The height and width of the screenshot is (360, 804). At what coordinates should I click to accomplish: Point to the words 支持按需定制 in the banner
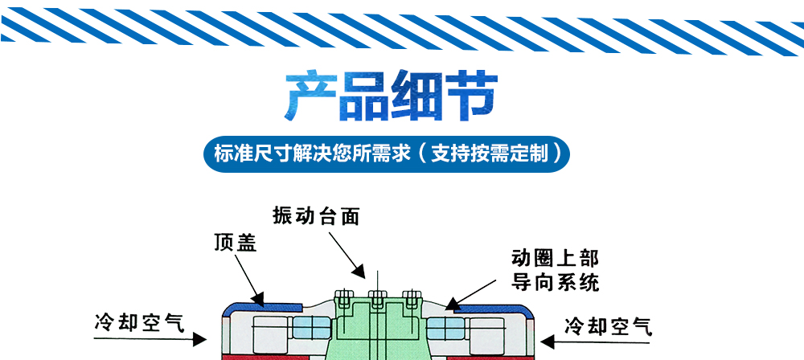490,152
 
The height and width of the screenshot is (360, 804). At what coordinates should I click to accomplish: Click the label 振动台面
315,215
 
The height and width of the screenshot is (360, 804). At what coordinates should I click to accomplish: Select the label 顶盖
235,243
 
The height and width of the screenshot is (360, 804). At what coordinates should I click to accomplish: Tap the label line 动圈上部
556,259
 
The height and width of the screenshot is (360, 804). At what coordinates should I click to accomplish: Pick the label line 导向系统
556,282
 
